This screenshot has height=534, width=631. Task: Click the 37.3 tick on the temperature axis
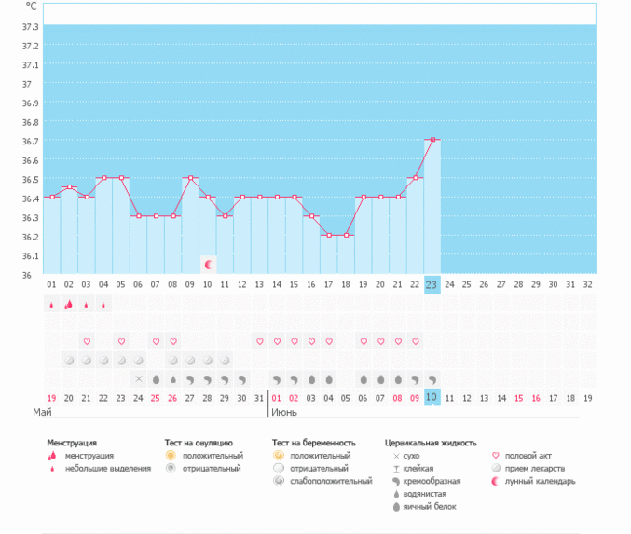(30, 26)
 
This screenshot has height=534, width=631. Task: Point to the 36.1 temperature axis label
(30, 255)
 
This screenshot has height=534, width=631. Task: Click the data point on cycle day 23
(432, 140)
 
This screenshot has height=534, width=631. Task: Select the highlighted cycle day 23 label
(432, 283)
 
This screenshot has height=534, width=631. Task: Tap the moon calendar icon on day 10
(209, 266)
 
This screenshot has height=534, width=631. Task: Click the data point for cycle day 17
(328, 235)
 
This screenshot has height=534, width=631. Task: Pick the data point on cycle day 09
(190, 178)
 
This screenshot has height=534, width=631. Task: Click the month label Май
(42, 411)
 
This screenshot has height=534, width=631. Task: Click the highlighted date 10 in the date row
(432, 397)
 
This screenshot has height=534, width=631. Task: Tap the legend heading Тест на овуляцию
(199, 443)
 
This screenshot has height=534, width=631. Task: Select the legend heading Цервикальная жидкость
(431, 443)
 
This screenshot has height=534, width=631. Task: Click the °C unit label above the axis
(31, 7)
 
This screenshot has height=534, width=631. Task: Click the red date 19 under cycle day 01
(52, 397)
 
